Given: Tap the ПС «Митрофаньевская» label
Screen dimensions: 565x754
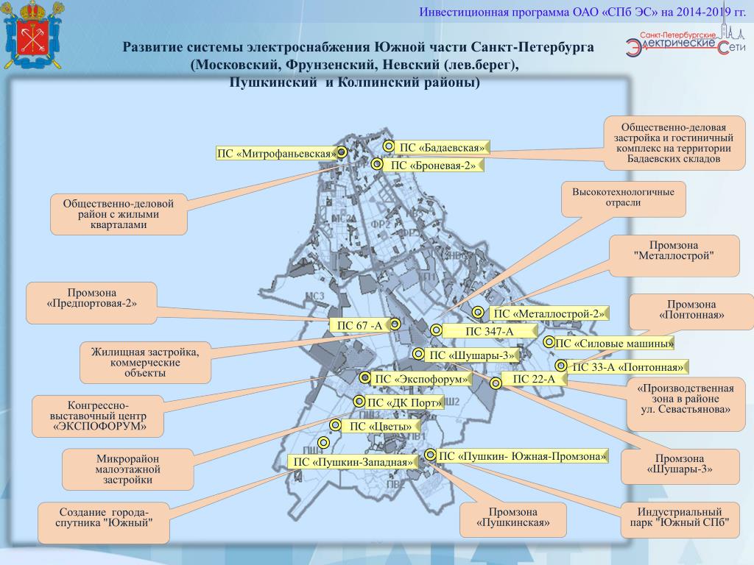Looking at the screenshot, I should [276, 154].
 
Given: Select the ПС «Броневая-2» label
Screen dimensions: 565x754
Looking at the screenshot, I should [434, 166].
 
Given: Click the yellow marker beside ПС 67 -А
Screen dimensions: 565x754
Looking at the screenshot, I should [395, 324].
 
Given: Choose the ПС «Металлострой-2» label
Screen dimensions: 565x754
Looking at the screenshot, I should [549, 314].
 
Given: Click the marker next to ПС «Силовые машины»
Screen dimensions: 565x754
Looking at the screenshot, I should [549, 342].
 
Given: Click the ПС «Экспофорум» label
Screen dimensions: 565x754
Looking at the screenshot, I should [421, 380].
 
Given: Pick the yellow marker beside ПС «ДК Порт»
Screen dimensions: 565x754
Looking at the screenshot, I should [359, 402].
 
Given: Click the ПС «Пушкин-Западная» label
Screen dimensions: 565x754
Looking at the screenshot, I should [353, 462].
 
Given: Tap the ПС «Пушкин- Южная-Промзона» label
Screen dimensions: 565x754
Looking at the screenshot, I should [522, 456].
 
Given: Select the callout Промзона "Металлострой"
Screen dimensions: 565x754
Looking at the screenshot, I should [674, 255].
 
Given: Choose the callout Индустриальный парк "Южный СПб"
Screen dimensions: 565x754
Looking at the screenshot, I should [680, 517].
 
